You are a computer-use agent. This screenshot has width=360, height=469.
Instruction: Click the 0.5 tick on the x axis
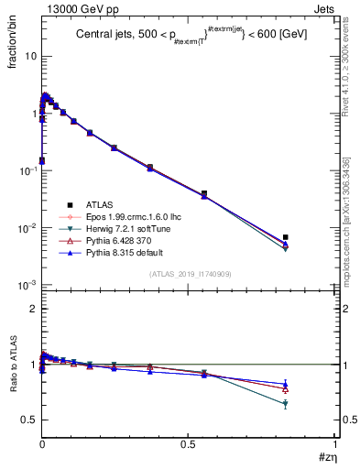(189, 442)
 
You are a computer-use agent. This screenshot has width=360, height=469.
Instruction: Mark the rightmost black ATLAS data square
(286, 237)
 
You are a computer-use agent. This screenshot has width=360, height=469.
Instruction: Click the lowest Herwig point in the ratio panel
(286, 404)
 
